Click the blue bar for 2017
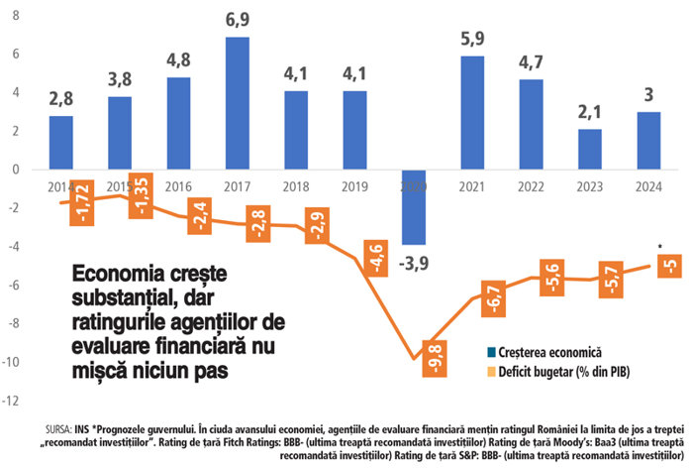click(237, 103)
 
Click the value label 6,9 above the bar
click(237, 21)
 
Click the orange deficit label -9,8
click(436, 353)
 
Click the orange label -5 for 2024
click(669, 265)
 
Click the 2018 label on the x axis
click(296, 184)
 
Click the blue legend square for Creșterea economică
click(492, 352)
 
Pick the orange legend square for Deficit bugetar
click(492, 373)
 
